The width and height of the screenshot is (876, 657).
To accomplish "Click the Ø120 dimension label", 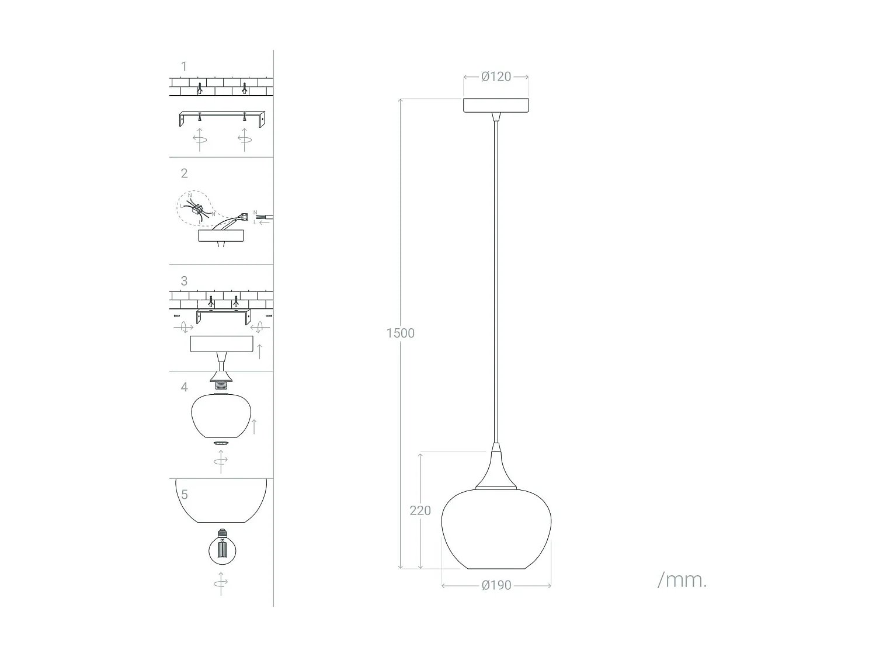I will (x=496, y=77).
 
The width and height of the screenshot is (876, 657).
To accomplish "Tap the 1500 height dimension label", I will (x=400, y=333).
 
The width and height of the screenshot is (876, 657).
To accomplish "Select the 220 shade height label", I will (x=420, y=510).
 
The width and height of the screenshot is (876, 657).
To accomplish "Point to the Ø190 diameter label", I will (x=496, y=585).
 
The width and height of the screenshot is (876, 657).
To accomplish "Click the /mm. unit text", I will (x=682, y=580).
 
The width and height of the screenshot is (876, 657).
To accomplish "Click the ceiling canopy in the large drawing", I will (x=496, y=106).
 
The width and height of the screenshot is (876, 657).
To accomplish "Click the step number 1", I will (x=184, y=67).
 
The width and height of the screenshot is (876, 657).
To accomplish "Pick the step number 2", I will (x=184, y=173).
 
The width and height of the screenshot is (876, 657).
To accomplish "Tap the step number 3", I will (x=184, y=281).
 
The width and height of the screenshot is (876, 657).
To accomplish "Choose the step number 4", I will (x=184, y=387).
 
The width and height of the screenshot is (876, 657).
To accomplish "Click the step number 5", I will (x=184, y=495).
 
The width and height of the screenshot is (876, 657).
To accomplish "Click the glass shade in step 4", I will (x=220, y=416).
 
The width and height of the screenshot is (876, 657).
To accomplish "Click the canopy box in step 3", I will (x=221, y=345).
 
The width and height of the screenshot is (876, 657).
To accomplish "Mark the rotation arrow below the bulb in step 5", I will (x=221, y=583).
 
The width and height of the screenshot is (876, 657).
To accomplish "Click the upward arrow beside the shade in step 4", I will (x=253, y=426).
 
